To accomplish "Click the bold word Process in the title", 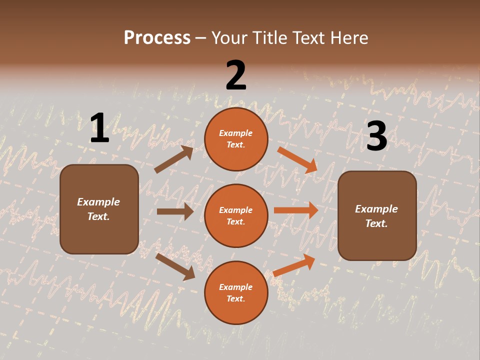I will (157, 38).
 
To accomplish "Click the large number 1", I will (99, 128).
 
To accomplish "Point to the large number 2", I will (236, 75).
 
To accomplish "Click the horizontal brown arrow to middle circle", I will (175, 211).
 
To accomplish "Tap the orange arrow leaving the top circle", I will (297, 159).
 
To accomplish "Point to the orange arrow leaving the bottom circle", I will (294, 265).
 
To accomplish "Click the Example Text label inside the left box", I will (99, 209).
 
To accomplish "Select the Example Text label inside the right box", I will (376, 216).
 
